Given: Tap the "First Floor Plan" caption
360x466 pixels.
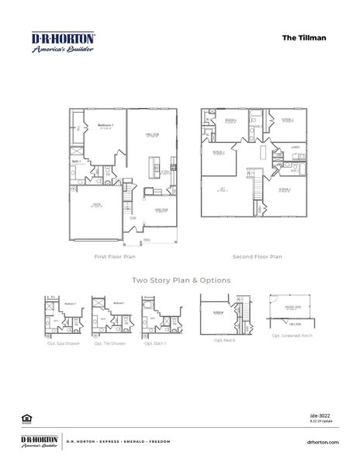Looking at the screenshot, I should pyautogui.click(x=116, y=256).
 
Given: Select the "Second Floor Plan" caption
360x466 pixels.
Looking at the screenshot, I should pyautogui.click(x=257, y=256).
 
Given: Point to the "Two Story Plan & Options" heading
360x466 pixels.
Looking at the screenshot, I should pyautogui.click(x=180, y=280).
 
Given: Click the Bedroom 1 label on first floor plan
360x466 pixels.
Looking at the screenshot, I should pyautogui.click(x=105, y=125).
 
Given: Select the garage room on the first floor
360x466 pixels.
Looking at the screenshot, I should pyautogui.click(x=97, y=206).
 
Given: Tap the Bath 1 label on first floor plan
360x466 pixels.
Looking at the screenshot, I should pyautogui.click(x=77, y=162).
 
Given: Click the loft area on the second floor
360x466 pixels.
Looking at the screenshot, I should pyautogui.click(x=223, y=190).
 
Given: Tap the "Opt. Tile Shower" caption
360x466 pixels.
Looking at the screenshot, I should pyautogui.click(x=109, y=343).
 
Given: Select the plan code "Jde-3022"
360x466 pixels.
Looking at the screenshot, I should pyautogui.click(x=330, y=416).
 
